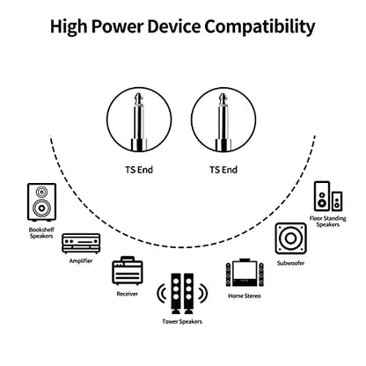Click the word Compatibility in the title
[x=260, y=26]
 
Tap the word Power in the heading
[x=117, y=26]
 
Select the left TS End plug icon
[x=139, y=120]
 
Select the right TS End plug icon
[x=223, y=120]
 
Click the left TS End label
[x=139, y=170]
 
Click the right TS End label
[x=223, y=170]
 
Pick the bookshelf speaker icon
[x=41, y=202]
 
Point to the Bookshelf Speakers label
[x=41, y=233]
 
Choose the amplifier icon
[x=81, y=244]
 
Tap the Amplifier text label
[x=81, y=260]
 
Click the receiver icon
[x=128, y=271]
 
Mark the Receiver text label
[x=127, y=294]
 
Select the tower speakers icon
[x=182, y=294]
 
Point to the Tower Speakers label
[x=182, y=322]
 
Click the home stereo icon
[x=245, y=273]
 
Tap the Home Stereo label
[x=245, y=296]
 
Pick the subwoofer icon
[x=290, y=238]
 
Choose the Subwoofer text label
[x=290, y=263]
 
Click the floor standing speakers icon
[x=328, y=196]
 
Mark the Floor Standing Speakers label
[x=328, y=222]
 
